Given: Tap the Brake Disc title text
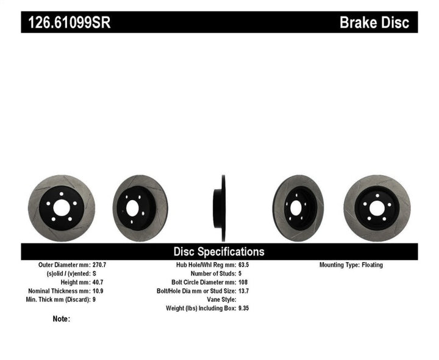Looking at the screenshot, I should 378,23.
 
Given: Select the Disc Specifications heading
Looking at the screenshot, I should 219,251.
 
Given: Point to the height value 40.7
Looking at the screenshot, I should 98,283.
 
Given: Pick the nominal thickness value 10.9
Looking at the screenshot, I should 98,291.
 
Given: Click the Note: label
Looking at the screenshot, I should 62,319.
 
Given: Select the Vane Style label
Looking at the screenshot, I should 220,300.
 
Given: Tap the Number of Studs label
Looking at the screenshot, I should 210,274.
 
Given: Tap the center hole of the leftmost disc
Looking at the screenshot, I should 61,208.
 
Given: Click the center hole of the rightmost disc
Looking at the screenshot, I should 377,208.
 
